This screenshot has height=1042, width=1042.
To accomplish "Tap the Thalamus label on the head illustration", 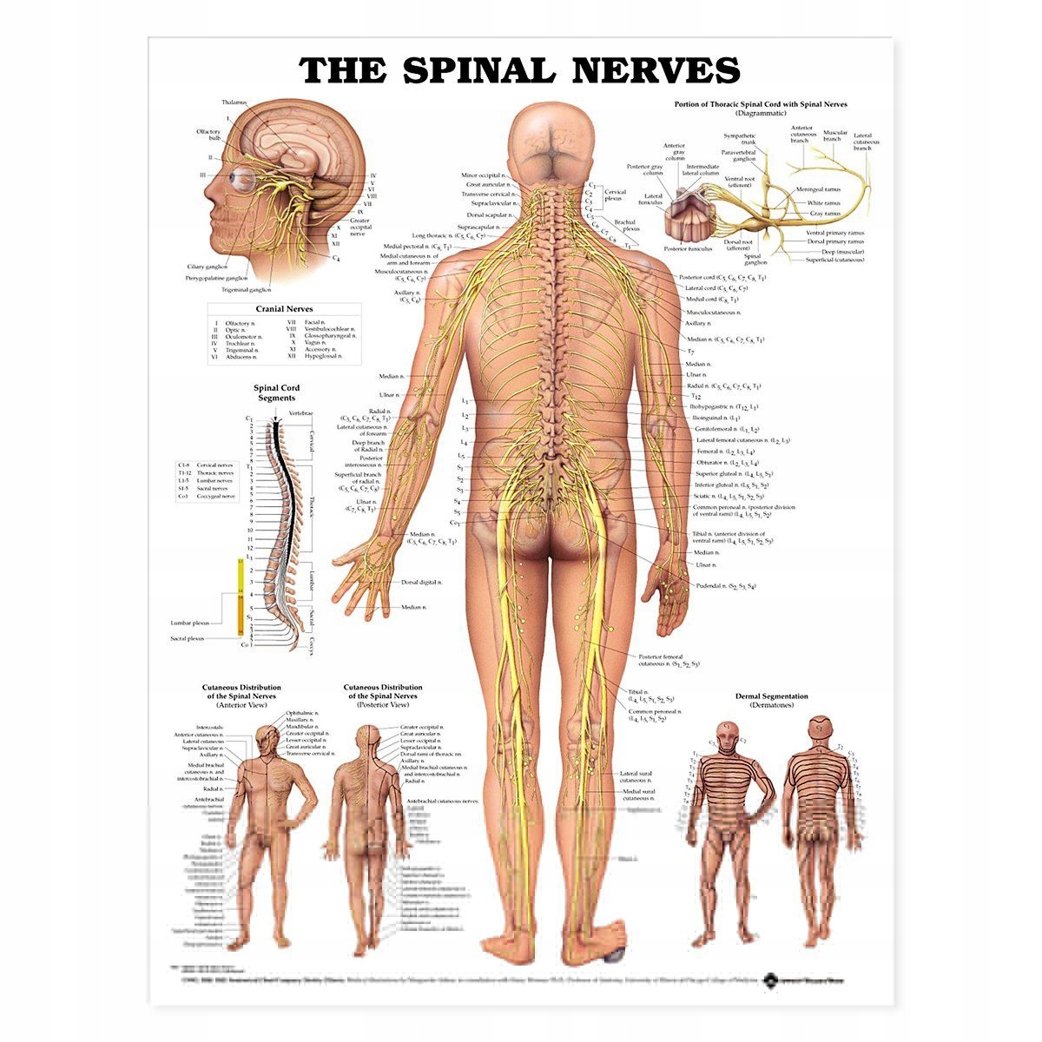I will [234, 102].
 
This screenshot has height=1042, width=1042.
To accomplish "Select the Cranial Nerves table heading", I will [284, 308].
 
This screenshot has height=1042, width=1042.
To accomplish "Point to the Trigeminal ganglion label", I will [246, 289].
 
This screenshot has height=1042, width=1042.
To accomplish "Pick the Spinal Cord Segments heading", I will [274, 393].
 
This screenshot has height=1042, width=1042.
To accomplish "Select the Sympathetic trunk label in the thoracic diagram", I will [740, 140].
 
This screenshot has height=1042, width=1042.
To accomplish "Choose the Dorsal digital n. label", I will [422, 582].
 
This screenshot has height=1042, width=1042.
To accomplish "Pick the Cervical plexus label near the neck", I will [615, 195].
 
